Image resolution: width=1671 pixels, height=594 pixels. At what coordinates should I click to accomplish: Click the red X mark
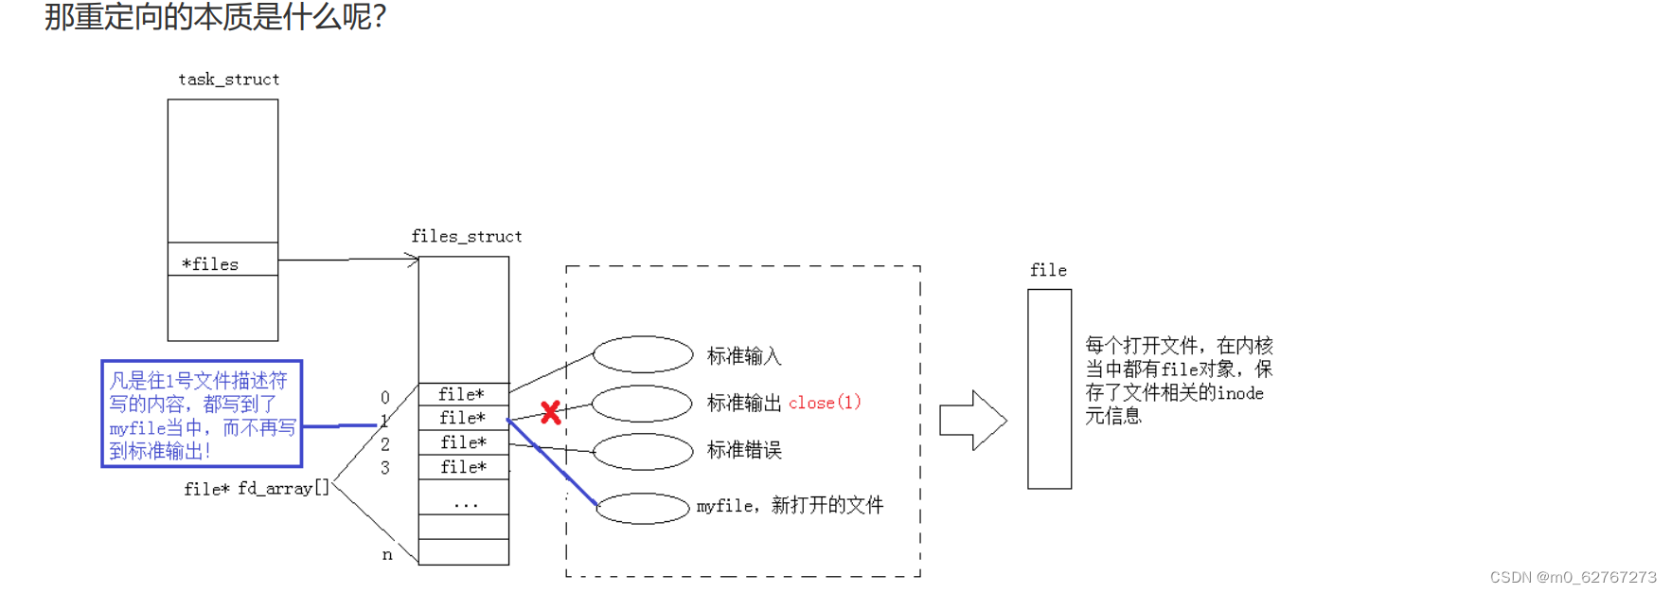(x=550, y=412)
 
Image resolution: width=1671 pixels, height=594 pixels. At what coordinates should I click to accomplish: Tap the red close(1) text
(x=825, y=403)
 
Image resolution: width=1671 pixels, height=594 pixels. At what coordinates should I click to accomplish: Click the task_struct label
(x=229, y=80)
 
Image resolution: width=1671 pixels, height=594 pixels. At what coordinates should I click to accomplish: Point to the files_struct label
(x=466, y=236)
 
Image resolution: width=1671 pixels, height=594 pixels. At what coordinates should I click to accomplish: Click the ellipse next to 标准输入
(x=643, y=354)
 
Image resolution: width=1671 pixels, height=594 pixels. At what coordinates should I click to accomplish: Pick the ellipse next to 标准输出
(x=643, y=403)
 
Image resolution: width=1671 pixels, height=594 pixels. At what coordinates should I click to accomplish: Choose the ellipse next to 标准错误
(x=643, y=451)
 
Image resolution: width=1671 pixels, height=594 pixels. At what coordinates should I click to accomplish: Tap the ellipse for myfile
(x=643, y=508)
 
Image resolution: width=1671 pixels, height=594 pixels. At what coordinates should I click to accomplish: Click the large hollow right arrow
(x=972, y=420)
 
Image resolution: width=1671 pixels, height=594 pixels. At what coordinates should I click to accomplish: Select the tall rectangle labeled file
(x=1049, y=388)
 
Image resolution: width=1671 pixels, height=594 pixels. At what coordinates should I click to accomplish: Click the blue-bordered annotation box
(x=202, y=414)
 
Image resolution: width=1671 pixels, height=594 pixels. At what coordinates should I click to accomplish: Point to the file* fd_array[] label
(x=257, y=489)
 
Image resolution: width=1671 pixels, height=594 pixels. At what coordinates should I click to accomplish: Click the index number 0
(x=385, y=397)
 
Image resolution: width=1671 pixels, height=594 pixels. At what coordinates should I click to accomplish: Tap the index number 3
(x=385, y=468)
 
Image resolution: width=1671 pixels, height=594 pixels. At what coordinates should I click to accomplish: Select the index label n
(x=387, y=554)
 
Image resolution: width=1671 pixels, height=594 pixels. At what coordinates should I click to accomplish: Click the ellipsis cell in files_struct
(x=464, y=502)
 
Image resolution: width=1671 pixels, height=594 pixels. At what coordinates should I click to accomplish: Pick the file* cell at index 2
(x=464, y=442)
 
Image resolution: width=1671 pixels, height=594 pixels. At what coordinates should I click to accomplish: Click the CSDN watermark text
(x=1573, y=577)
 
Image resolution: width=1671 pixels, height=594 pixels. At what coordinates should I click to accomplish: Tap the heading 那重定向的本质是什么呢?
(x=215, y=17)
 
